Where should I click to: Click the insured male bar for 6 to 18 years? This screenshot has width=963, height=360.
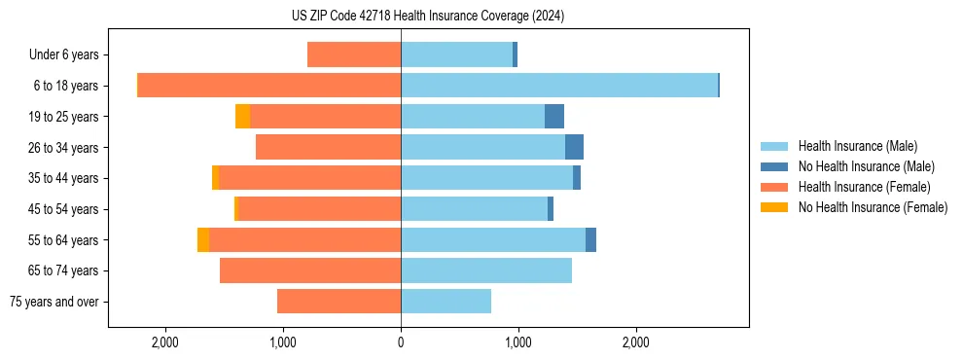coord(559,86)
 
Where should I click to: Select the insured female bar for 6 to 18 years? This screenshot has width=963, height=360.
coord(269,86)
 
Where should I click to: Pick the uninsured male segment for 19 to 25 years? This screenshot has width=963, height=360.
coord(554,117)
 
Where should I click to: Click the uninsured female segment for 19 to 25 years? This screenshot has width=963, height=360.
coord(242,117)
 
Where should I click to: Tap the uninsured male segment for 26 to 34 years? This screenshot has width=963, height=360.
coord(574,147)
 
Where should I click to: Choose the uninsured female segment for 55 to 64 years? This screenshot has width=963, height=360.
coord(202,239)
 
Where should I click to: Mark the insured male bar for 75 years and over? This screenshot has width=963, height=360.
coord(446,302)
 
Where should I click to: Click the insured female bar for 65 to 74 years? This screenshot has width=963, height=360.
coord(310,270)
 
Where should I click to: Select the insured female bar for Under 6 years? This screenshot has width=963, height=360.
coord(354,54)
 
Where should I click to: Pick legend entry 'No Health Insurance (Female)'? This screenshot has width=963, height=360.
coord(873,206)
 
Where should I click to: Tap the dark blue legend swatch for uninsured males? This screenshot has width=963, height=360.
coord(774,166)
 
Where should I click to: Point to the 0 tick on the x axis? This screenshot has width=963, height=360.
coord(401,342)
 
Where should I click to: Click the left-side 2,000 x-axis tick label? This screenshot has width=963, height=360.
coord(164,342)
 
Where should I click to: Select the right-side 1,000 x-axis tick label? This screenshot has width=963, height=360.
coord(518,342)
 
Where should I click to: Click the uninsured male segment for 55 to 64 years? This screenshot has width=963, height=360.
coord(590,239)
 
